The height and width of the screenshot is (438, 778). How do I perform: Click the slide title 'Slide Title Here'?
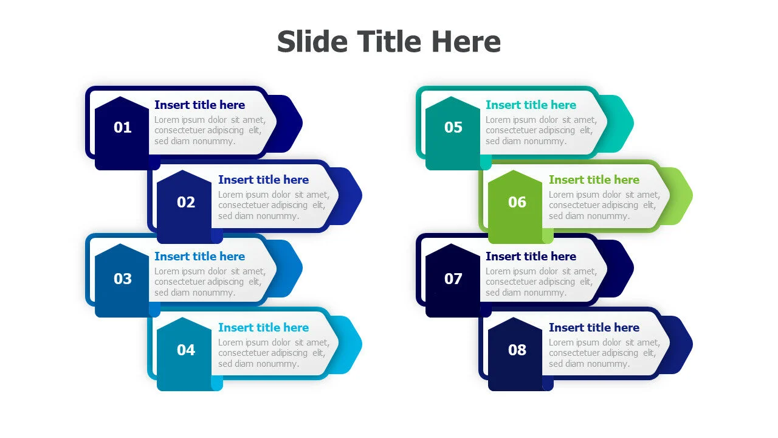point(388,42)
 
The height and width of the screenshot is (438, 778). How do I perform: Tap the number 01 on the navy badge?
point(123,128)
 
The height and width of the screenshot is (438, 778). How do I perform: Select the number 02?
point(186,203)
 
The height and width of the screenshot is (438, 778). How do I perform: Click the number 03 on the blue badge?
point(123,279)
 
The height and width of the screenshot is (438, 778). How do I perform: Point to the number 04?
point(186,350)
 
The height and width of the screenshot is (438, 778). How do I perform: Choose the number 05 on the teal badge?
point(453,128)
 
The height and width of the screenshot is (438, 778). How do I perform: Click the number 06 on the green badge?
point(517,203)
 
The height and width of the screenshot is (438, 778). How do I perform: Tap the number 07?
point(453,279)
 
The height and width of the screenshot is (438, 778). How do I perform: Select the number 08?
point(517,350)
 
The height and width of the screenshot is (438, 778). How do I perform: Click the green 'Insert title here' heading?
point(594,179)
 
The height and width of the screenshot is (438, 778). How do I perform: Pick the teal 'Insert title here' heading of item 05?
point(531,105)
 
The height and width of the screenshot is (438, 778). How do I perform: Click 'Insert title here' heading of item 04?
point(263,327)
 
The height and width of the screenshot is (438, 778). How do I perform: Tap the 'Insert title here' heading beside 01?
point(200,105)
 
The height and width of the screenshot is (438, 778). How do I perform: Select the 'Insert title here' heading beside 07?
point(531,257)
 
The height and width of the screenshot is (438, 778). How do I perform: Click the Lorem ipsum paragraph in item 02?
point(274,205)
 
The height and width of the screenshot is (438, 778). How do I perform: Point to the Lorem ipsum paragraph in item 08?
point(604,353)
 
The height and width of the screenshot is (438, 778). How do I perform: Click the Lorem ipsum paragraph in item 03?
point(210,282)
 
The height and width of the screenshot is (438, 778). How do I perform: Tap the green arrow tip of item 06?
point(692,196)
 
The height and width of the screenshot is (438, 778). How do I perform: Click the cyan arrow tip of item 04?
point(361,344)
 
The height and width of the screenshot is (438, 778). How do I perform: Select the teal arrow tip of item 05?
point(633,123)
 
